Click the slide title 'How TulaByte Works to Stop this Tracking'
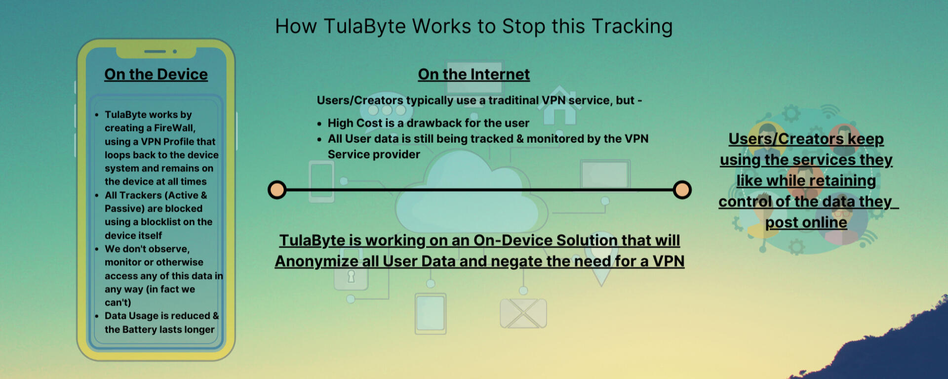pos(474,27)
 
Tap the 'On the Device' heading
pos(156,74)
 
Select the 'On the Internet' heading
pos(474,74)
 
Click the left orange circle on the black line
pos(277,190)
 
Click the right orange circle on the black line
pos(682,190)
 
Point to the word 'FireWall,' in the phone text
pos(174,128)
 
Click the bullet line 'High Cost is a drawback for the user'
pos(428,123)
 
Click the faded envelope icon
pos(523,313)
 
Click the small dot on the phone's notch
pos(175,51)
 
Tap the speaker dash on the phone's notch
pos(155,51)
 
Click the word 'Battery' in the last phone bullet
pos(140,330)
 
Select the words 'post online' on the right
pos(806,222)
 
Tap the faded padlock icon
pos(351,276)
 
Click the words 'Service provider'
pos(374,155)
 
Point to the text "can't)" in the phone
pos(118,302)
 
